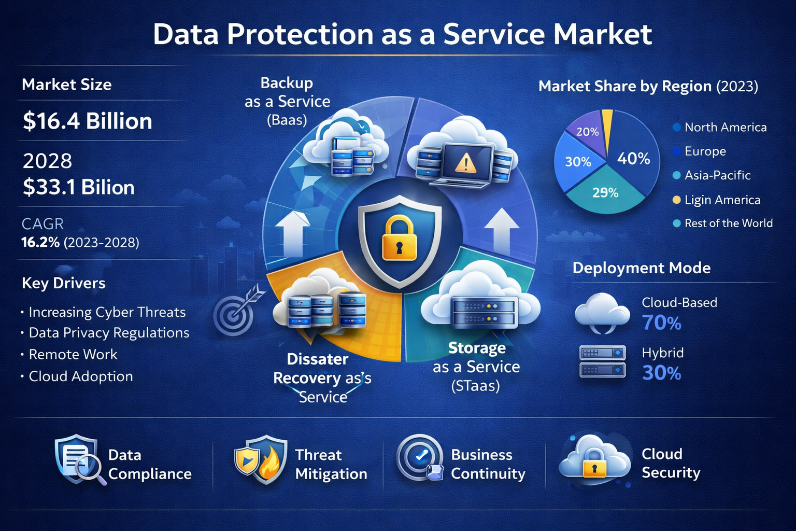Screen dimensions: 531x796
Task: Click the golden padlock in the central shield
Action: tap(399, 239)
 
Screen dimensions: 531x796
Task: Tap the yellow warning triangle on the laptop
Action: tap(465, 163)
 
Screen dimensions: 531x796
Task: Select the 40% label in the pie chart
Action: tap(633, 158)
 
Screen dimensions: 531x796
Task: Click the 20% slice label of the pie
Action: tap(588, 132)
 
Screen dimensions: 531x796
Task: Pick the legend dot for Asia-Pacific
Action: tap(676, 175)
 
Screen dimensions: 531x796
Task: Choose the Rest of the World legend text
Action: tap(728, 223)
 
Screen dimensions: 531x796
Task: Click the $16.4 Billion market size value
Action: tap(87, 121)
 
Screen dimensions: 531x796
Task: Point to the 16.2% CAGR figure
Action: tap(40, 242)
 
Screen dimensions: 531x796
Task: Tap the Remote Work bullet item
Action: tap(73, 354)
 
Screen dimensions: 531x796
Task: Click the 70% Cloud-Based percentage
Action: tap(662, 323)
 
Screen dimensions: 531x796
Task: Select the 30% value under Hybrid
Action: tap(662, 373)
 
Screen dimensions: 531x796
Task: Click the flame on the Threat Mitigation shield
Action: tap(268, 465)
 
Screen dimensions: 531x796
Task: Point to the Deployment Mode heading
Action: tap(641, 268)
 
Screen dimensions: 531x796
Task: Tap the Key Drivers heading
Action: tap(64, 283)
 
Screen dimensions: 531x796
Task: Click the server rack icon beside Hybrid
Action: tap(602, 361)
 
